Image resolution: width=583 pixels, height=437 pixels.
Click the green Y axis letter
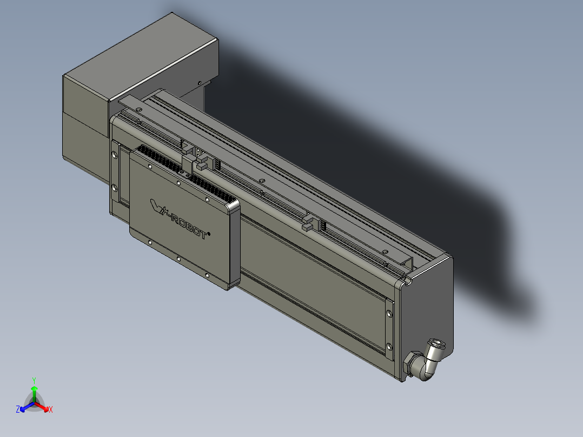pos(34,380)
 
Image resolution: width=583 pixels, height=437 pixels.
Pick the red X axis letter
pos(51,410)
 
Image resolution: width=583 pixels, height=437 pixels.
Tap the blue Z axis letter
pos(18,410)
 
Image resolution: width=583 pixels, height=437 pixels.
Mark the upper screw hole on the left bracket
pos(114,155)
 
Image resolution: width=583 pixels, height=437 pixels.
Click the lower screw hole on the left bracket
pos(114,188)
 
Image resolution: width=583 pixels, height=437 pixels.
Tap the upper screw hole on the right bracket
pos(389,313)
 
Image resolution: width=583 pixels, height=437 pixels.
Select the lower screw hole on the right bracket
pos(389,346)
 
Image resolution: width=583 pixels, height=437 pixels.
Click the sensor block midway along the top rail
pos(309,222)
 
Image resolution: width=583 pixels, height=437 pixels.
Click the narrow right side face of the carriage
pos(234,243)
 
